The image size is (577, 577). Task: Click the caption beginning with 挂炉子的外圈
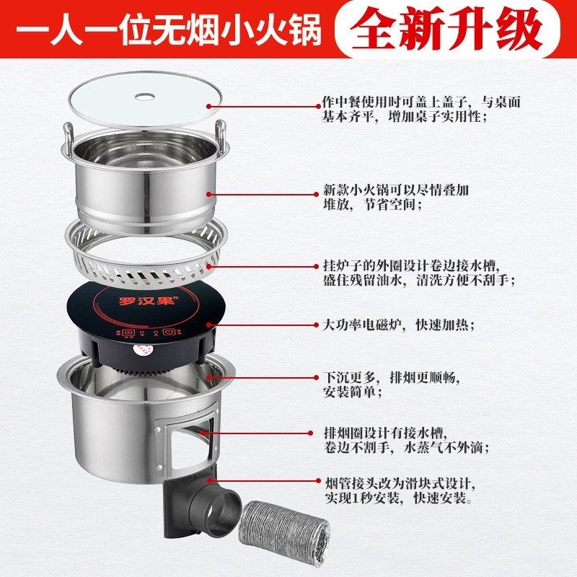(418, 273)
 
